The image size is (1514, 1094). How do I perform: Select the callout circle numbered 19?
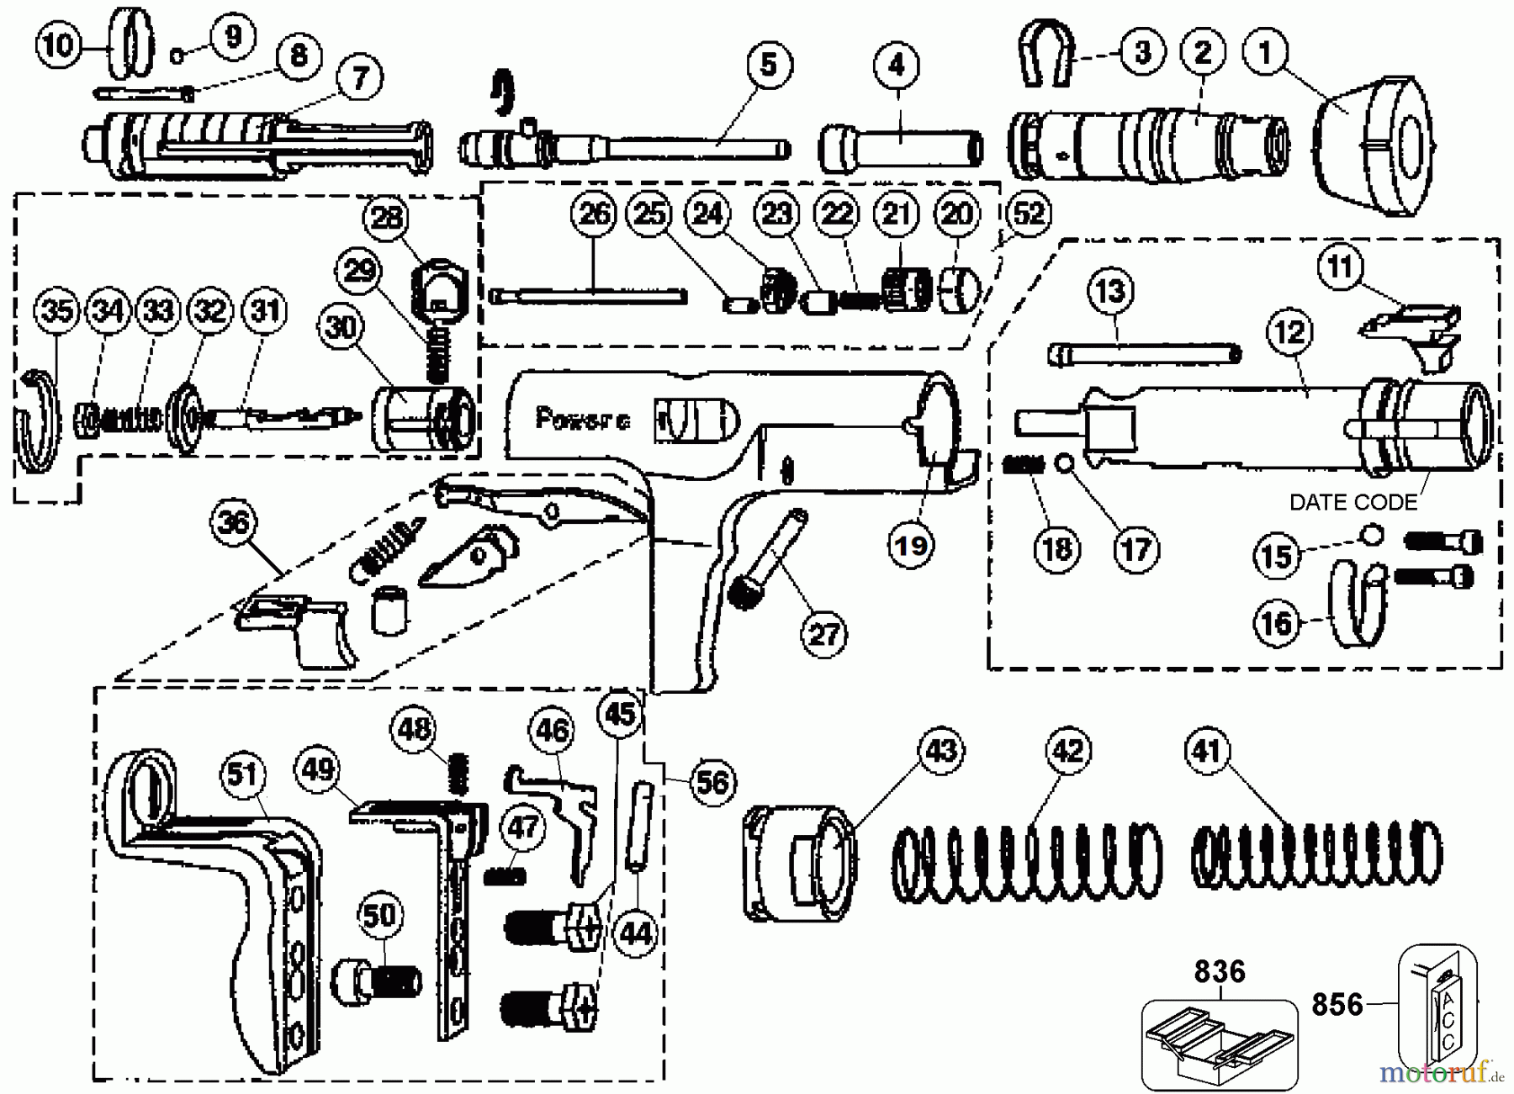911,546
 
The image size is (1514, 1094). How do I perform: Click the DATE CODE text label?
1353,503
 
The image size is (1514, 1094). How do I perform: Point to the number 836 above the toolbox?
1220,972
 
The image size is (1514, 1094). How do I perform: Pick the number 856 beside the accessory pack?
1337,1004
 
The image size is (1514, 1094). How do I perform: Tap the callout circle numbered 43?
940,749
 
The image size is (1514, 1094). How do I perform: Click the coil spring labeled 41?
1316,855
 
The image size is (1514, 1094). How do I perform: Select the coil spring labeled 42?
1026,862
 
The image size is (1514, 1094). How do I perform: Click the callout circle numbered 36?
233,523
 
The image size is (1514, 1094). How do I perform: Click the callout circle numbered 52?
1028,214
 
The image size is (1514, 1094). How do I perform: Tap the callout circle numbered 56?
712,783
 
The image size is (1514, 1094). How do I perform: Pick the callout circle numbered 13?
1110,292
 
